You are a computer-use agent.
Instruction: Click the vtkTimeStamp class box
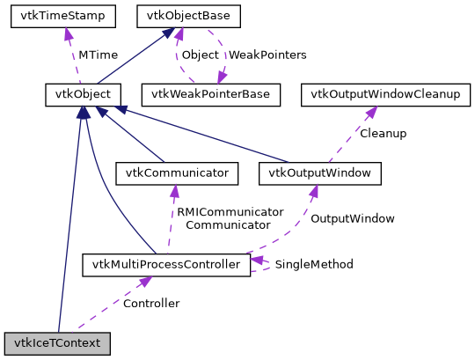click(x=57, y=16)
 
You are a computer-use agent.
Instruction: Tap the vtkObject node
click(x=83, y=94)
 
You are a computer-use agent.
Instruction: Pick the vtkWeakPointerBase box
click(x=216, y=94)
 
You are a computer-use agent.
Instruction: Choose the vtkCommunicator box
click(x=177, y=173)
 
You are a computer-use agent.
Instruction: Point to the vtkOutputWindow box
click(x=320, y=173)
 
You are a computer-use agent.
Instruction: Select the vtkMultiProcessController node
click(x=165, y=264)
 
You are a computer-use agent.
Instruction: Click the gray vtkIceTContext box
click(x=57, y=342)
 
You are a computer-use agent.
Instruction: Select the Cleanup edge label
click(x=383, y=134)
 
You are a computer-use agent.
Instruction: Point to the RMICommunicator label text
click(x=230, y=212)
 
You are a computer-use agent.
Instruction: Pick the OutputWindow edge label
click(x=353, y=218)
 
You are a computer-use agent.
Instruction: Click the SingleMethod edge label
click(x=313, y=264)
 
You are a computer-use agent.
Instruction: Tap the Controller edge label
click(x=150, y=304)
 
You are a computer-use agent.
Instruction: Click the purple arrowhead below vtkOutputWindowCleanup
click(x=372, y=111)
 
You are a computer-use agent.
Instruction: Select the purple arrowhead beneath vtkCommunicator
click(x=176, y=189)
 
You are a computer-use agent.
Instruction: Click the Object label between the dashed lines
click(x=200, y=55)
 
